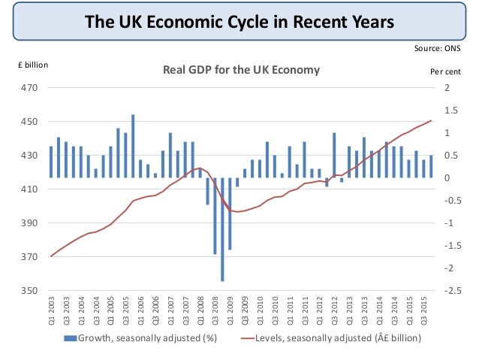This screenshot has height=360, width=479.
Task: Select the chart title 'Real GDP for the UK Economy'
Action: point(242,70)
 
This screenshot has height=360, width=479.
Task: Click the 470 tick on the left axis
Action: point(29,88)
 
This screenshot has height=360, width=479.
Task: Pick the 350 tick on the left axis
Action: point(29,291)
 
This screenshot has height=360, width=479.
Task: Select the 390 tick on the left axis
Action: point(29,223)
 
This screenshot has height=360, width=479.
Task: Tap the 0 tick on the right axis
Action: point(446,178)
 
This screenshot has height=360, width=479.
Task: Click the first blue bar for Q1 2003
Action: point(51,162)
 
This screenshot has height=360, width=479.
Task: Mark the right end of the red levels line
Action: point(431,120)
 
